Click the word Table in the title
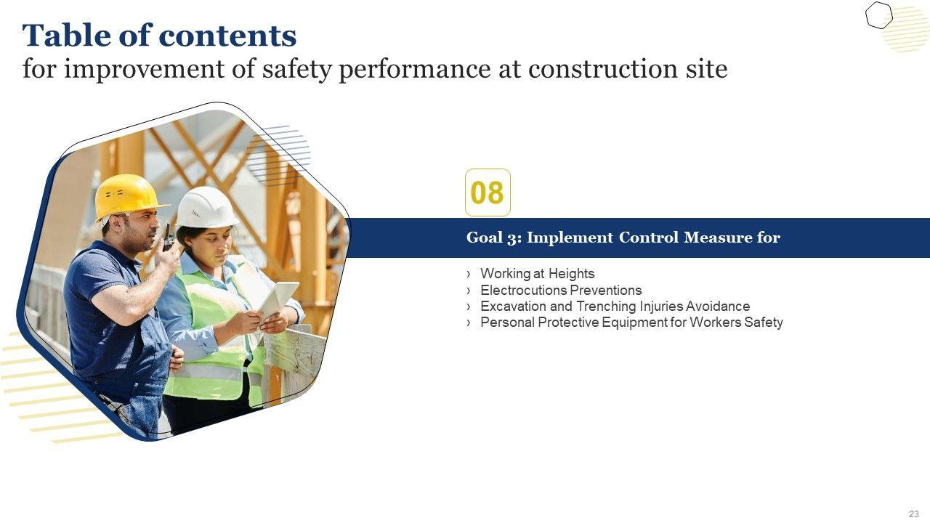pyautogui.click(x=66, y=36)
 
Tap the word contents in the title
pyautogui.click(x=228, y=36)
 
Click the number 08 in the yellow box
pyautogui.click(x=488, y=192)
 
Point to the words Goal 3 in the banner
pyautogui.click(x=494, y=238)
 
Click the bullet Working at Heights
pyautogui.click(x=537, y=274)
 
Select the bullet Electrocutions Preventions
pyautogui.click(x=561, y=290)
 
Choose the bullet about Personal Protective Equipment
pyautogui.click(x=631, y=323)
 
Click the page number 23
pyautogui.click(x=914, y=514)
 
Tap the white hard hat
pyautogui.click(x=206, y=207)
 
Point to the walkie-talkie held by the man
pyautogui.click(x=167, y=238)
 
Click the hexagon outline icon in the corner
pyautogui.click(x=879, y=15)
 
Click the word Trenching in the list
pyautogui.click(x=607, y=307)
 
